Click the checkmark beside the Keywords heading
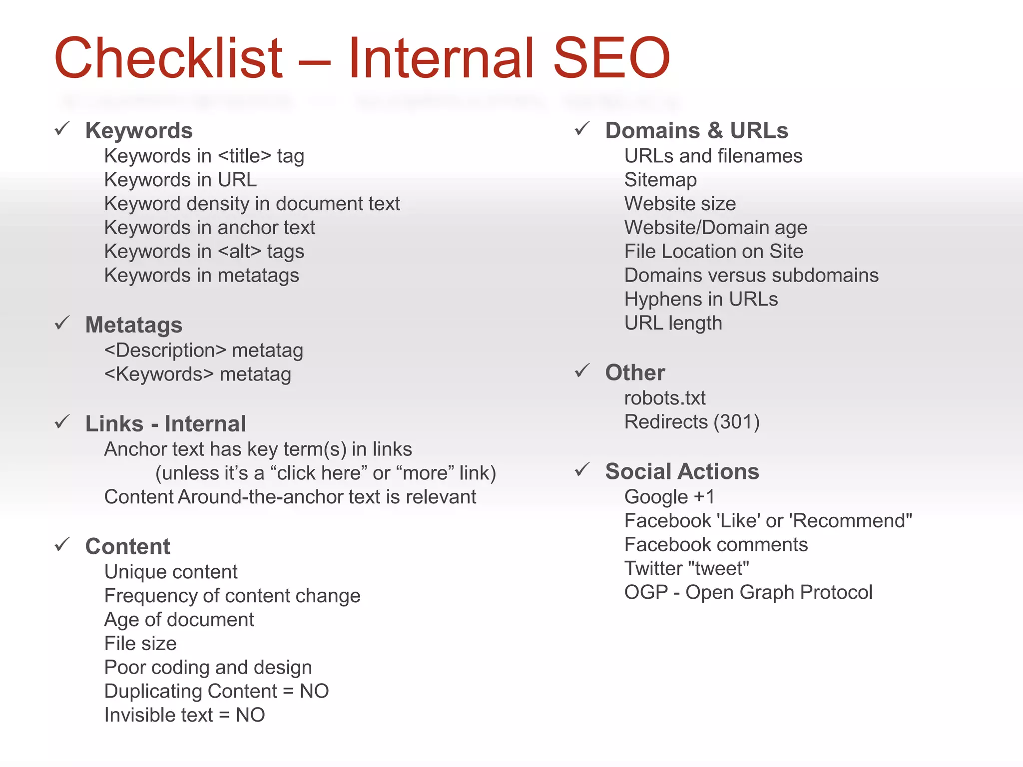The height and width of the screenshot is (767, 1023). point(62,129)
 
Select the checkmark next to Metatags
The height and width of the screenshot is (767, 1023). point(62,323)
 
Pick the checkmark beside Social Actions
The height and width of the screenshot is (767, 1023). point(582,469)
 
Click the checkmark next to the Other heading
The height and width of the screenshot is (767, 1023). point(582,371)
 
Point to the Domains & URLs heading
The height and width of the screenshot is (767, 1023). point(696,130)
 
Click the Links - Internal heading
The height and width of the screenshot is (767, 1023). point(165,423)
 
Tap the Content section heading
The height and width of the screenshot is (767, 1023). point(127,546)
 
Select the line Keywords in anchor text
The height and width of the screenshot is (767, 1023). point(210,228)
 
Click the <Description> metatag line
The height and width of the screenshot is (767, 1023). point(203,351)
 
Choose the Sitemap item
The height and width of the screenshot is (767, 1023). point(660,180)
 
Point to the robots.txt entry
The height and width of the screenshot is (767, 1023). point(664,398)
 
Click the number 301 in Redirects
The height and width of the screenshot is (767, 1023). point(736,422)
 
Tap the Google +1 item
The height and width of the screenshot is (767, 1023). point(669,497)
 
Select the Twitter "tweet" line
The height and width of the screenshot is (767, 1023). point(687,568)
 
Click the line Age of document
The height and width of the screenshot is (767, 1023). point(179,620)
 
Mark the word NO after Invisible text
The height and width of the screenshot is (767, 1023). point(250,715)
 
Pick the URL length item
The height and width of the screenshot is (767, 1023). point(673,323)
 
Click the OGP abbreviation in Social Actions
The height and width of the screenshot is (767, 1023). point(646,592)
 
